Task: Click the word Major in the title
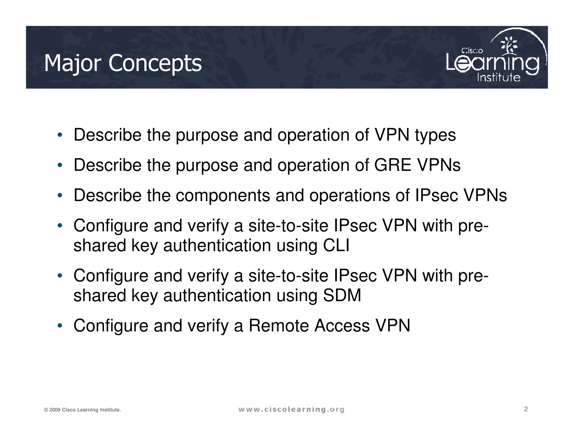[72, 64]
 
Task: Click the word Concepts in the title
[155, 64]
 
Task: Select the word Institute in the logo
[499, 77]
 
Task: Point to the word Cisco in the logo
[472, 51]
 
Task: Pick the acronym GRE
[392, 165]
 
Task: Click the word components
[223, 195]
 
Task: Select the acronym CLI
[336, 246]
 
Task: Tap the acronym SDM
[342, 295]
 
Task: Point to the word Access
[342, 326]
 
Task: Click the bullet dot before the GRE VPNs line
[59, 165]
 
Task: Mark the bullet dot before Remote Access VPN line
[59, 326]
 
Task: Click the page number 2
[526, 409]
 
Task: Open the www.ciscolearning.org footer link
[291, 410]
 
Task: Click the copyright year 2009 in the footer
[55, 410]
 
